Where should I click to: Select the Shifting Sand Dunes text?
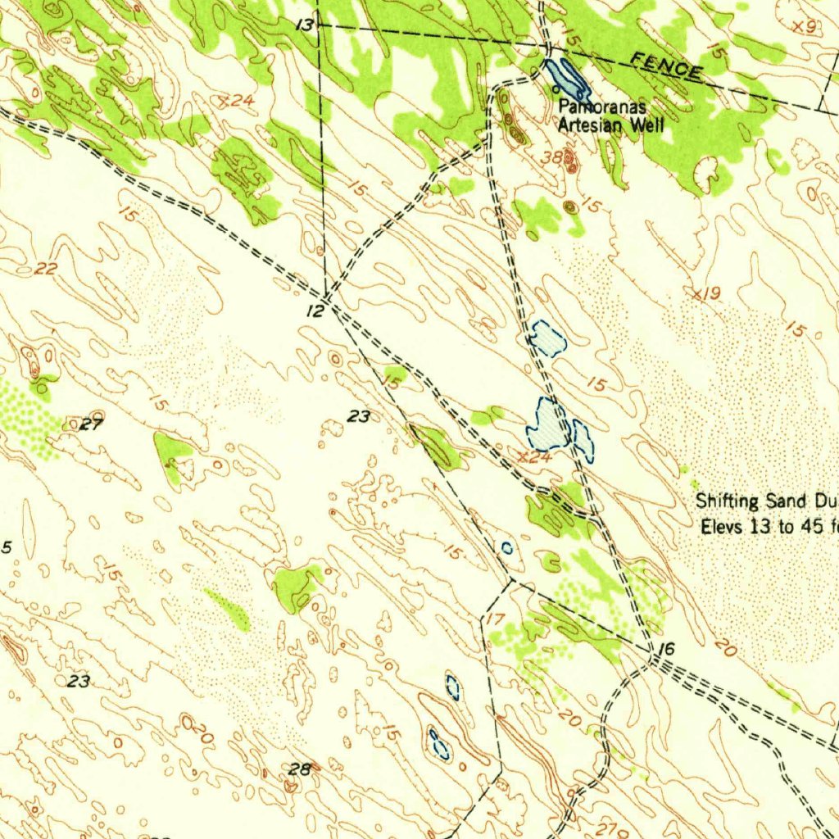click(766, 501)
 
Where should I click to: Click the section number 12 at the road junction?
click(316, 311)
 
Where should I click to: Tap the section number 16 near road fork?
click(666, 650)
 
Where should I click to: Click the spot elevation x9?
click(806, 27)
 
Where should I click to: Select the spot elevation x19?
click(707, 293)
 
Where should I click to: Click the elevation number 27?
click(93, 424)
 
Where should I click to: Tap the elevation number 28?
click(300, 769)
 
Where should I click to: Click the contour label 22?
click(46, 269)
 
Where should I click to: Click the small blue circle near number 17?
click(507, 547)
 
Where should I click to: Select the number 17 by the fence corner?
click(497, 618)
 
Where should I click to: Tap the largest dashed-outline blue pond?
click(548, 424)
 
